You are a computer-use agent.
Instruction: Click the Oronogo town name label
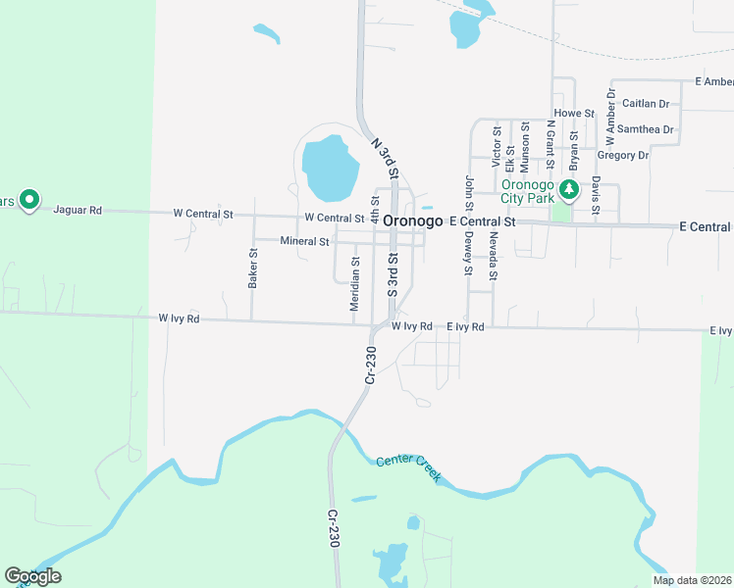(x=413, y=221)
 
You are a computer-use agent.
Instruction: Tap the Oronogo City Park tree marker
(x=566, y=190)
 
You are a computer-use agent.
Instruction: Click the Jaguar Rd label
(x=78, y=210)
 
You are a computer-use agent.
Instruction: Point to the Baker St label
(x=253, y=268)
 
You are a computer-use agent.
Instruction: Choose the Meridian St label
(x=355, y=284)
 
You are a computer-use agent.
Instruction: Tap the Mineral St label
(x=304, y=240)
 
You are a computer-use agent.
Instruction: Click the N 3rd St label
(x=385, y=157)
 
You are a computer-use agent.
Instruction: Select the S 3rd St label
(x=392, y=275)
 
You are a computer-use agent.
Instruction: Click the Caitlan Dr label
(x=646, y=103)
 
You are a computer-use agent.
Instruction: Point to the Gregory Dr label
(x=622, y=155)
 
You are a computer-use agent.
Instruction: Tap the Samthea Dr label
(x=648, y=129)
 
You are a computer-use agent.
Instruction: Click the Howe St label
(x=574, y=114)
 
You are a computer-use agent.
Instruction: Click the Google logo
(x=32, y=576)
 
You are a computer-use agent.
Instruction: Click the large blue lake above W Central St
(x=327, y=168)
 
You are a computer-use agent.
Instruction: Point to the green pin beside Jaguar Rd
(x=29, y=200)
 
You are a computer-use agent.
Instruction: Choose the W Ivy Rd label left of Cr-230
(x=179, y=318)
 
